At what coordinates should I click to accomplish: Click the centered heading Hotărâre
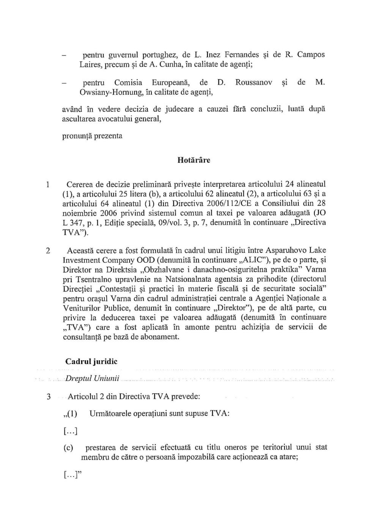point(193,160)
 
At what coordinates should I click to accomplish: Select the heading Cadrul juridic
point(91,362)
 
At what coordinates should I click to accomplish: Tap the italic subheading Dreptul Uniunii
point(92,379)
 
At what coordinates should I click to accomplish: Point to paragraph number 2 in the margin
point(48,251)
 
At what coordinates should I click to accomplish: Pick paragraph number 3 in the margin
point(49,397)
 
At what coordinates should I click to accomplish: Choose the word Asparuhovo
point(286,250)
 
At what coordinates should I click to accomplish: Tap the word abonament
point(159,337)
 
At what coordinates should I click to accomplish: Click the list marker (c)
point(68,448)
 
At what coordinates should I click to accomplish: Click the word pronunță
point(77,136)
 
